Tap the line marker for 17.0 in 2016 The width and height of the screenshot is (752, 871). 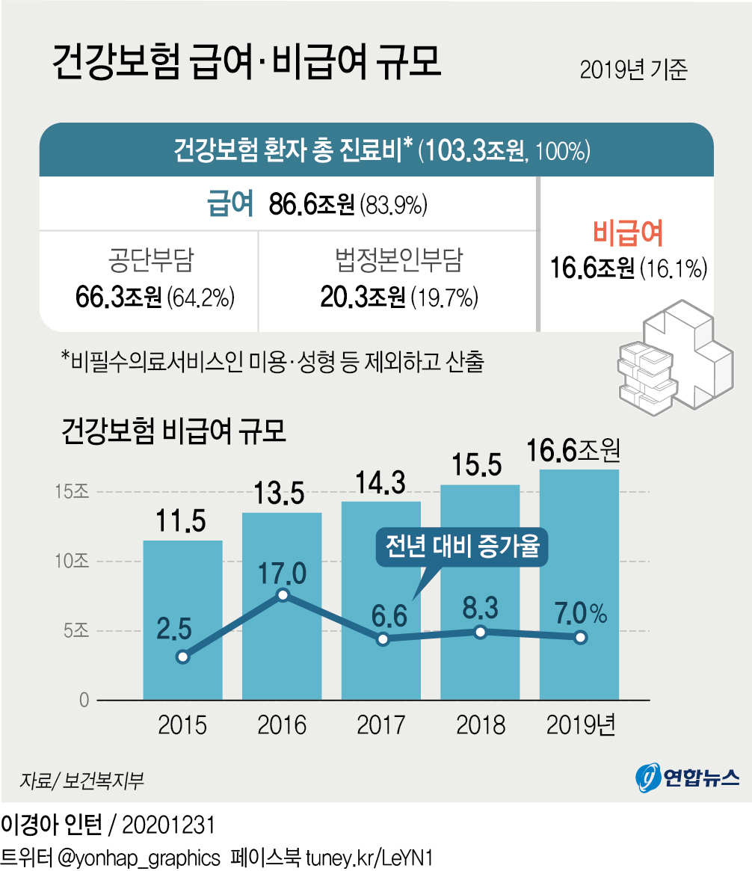283,595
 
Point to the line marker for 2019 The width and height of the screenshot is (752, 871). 580,638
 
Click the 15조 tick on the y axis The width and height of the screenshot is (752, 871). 72,492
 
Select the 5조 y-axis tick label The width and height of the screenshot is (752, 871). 76,630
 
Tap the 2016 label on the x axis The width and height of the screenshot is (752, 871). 282,724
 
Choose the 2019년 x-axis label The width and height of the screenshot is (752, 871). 580,724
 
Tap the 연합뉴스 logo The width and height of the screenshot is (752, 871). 687,778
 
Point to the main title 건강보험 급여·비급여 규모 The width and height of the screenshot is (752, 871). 247,64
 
